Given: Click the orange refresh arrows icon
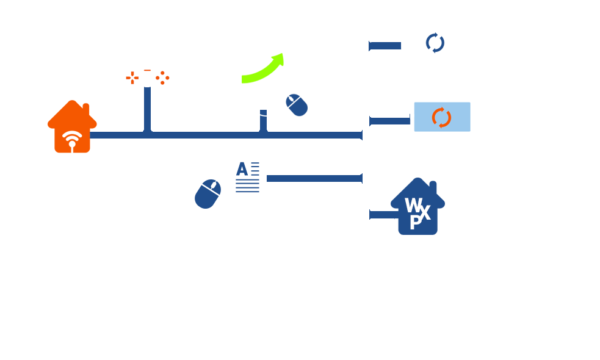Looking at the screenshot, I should click(441, 117).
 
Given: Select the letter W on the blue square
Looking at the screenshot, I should click(414, 205).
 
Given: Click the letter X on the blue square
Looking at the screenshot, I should click(425, 212).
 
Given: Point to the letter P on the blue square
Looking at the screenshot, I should click(415, 223).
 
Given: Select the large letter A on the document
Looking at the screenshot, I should click(242, 169).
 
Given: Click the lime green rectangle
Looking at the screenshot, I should click(274, 64).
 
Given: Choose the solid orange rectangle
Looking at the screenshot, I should click(72, 126).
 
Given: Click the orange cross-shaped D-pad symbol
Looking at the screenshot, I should click(131, 77).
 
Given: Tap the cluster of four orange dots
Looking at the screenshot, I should click(162, 77).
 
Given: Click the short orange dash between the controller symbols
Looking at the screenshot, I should click(147, 71).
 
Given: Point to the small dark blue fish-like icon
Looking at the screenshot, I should click(434, 43).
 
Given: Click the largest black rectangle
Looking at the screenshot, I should click(167, 293).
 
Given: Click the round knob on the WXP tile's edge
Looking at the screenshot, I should click(441, 203).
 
